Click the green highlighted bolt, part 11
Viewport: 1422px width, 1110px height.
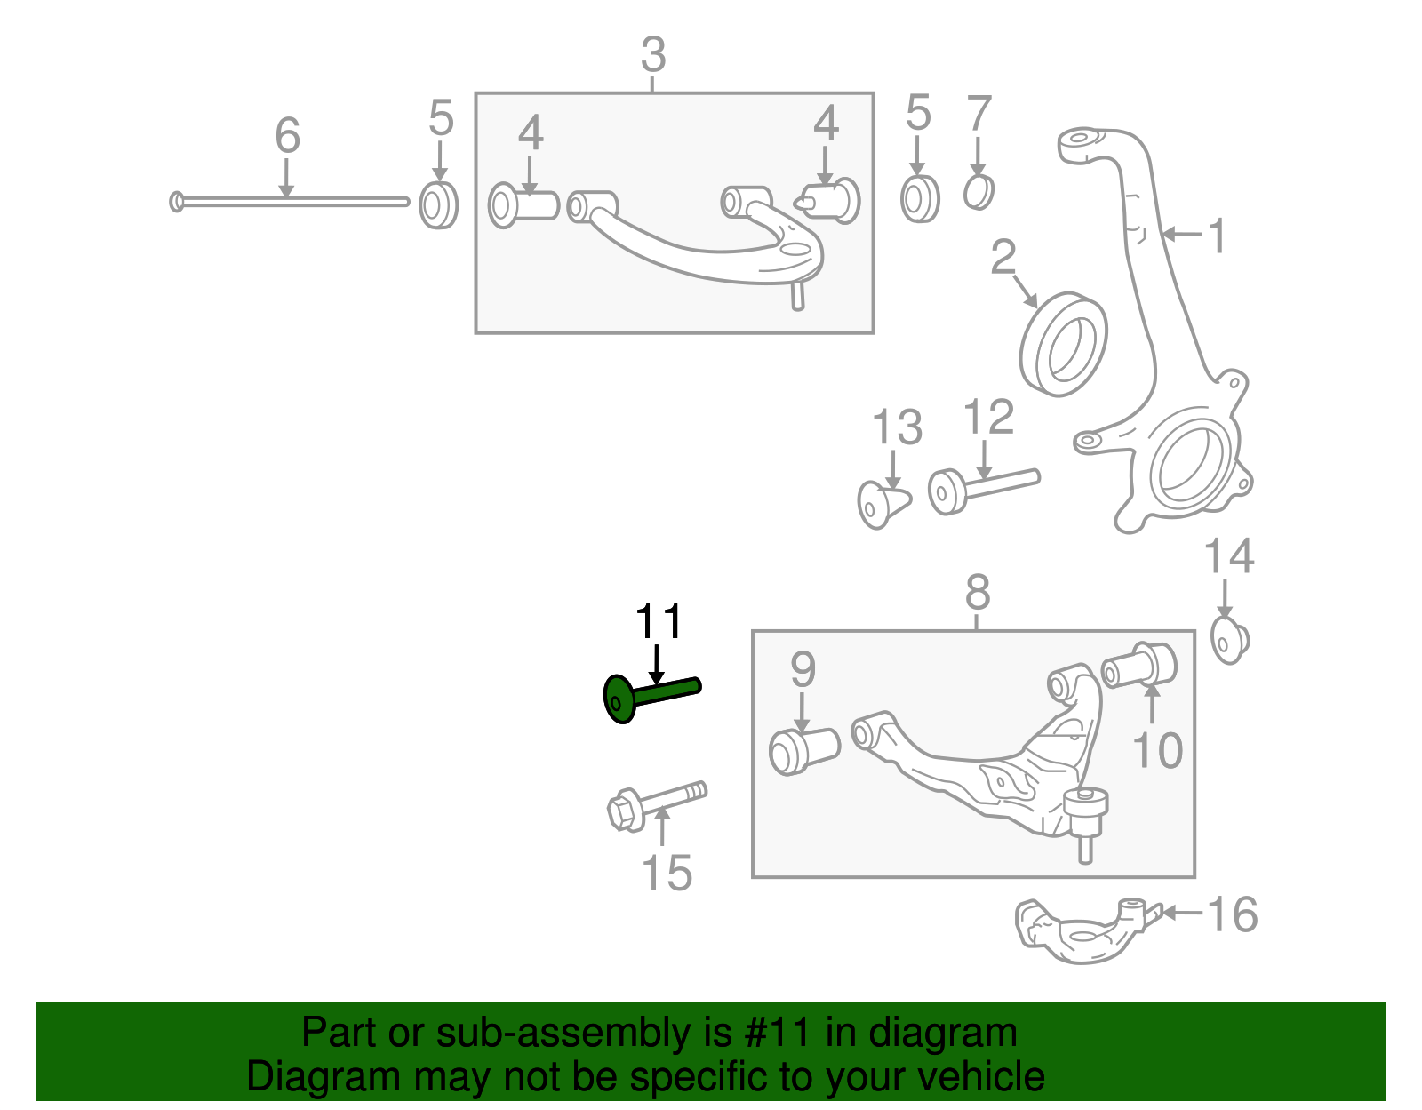click(x=650, y=695)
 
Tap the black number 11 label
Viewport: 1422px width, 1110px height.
click(x=659, y=622)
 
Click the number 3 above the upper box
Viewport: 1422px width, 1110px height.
click(x=653, y=55)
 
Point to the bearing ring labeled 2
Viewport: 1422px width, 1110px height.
click(x=1063, y=343)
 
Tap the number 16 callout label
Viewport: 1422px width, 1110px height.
click(x=1233, y=914)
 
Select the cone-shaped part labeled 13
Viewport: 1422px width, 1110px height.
click(x=883, y=504)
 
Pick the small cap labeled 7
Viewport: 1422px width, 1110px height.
click(x=979, y=191)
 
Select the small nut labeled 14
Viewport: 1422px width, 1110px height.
click(x=1231, y=641)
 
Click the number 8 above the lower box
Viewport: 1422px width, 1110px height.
click(x=977, y=592)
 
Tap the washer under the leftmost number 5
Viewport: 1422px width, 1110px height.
click(x=438, y=205)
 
